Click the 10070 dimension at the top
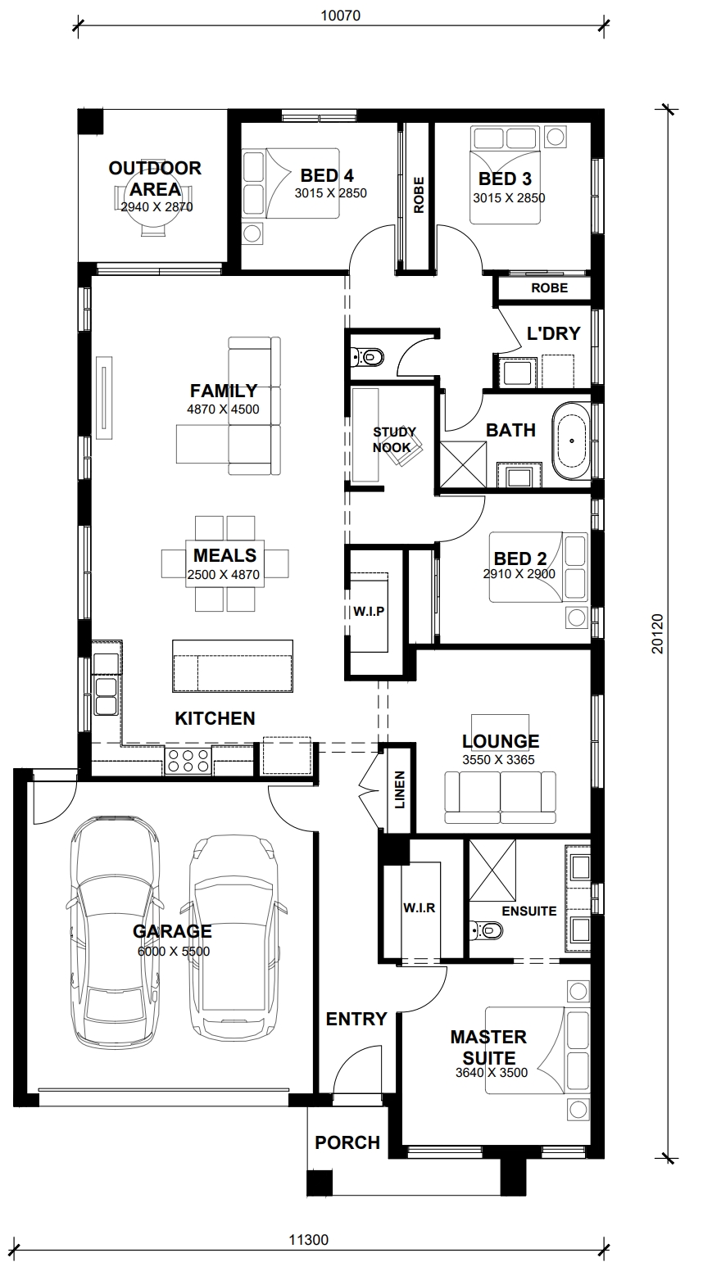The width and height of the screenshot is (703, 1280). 341,16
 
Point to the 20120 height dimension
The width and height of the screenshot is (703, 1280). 658,634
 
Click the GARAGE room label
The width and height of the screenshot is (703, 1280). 172,931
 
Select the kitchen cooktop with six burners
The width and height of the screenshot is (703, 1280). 188,761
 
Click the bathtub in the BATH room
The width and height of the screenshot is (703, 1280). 571,441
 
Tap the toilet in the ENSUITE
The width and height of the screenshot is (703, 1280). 486,931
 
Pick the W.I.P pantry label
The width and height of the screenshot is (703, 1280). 369,612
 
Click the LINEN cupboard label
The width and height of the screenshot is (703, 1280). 400,789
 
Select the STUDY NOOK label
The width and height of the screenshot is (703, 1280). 394,440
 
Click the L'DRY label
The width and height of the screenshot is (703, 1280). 553,333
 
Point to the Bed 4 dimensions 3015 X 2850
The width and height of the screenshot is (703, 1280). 331,193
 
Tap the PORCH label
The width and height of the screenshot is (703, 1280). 347,1142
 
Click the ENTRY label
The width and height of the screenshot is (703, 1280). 356,1019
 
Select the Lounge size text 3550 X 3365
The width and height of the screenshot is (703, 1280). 499,759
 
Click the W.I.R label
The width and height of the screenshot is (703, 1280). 420,908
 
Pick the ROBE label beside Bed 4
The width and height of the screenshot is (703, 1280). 419,196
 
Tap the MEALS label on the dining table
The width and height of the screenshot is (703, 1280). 225,555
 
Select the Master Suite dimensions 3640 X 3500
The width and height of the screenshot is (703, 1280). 492,1073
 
